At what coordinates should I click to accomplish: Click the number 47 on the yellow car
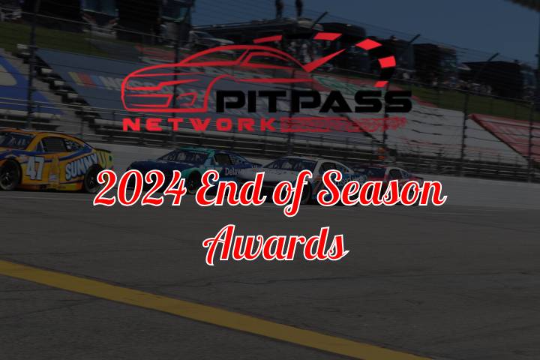pyautogui.click(x=35, y=167)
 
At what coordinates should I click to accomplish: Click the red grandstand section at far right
pyautogui.click(x=510, y=135)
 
